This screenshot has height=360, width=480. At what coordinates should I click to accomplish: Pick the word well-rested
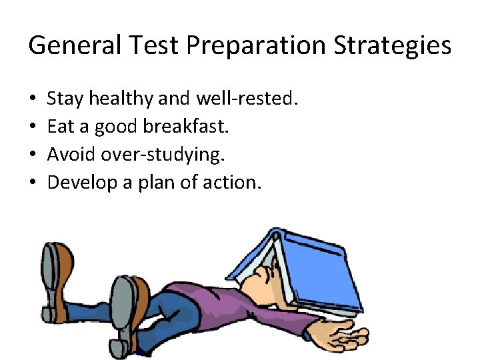point(247,99)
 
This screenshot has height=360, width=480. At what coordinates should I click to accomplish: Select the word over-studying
point(163,154)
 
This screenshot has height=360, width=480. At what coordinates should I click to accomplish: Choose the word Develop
point(79,181)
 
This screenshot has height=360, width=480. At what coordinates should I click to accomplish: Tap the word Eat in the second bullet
point(59,127)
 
